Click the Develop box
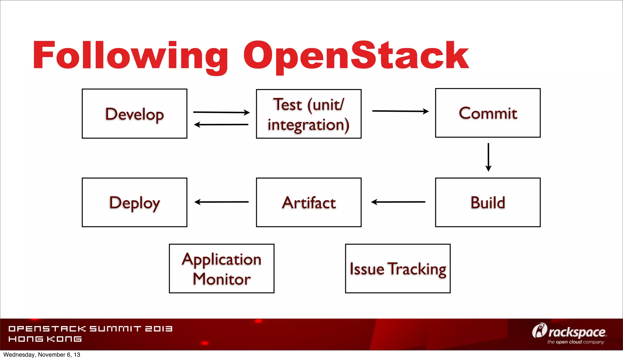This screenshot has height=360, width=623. click(x=134, y=114)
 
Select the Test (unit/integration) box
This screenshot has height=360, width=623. click(x=309, y=114)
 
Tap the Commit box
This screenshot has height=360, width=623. click(x=488, y=113)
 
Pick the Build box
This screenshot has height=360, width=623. click(x=488, y=202)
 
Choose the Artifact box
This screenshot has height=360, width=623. click(x=309, y=202)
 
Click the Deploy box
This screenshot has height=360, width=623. click(x=134, y=202)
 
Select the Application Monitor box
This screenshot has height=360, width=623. click(x=221, y=268)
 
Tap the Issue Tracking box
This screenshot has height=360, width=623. click(x=398, y=268)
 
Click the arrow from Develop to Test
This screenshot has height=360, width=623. click(x=221, y=112)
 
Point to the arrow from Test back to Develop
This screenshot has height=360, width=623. click(x=221, y=124)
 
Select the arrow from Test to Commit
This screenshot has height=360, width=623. click(x=400, y=111)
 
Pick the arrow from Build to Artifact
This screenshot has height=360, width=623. click(x=398, y=202)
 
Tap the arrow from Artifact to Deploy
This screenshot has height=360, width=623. click(x=221, y=202)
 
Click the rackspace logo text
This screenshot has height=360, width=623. click(x=576, y=332)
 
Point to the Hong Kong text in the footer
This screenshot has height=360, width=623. click(x=45, y=339)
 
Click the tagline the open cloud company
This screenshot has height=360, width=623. click(x=576, y=342)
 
